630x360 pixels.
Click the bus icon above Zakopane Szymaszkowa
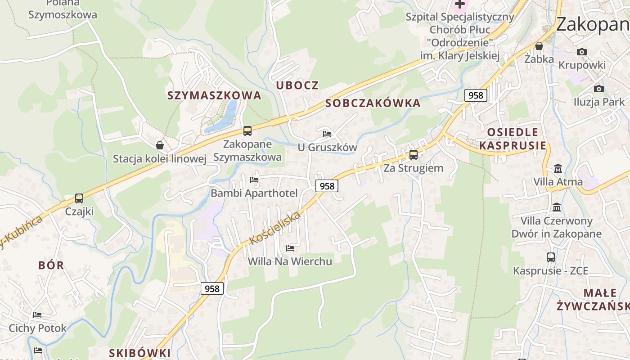click(247, 131)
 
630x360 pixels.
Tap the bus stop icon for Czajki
click(79, 198)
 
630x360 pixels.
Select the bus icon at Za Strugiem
click(413, 155)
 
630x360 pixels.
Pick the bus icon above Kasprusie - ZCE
click(550, 257)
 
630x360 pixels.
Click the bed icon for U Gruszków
click(327, 134)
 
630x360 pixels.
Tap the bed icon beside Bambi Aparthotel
click(254, 180)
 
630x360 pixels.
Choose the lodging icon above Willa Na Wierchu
click(290, 248)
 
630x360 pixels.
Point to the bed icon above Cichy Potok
click(37, 315)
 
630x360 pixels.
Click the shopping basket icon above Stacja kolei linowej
click(159, 145)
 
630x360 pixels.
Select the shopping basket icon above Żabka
click(539, 46)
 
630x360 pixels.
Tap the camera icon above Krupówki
click(581, 52)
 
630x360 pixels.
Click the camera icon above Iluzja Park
click(598, 89)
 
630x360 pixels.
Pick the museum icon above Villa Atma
click(558, 169)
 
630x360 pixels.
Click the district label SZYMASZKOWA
click(214, 95)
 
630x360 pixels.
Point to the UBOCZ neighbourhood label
click(297, 85)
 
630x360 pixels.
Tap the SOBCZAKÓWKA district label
click(373, 103)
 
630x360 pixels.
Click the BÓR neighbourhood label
click(51, 265)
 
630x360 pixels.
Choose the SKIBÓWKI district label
click(140, 353)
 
